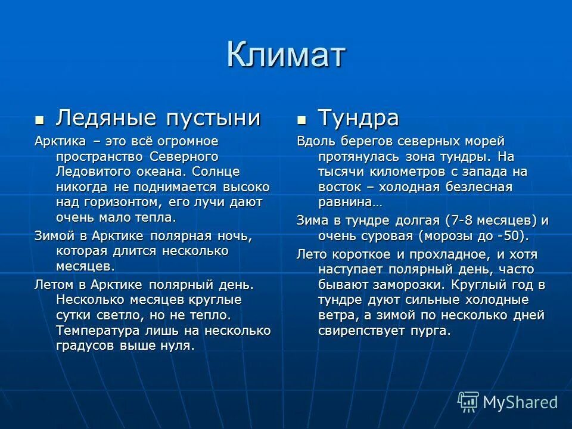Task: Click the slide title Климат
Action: coord(286,55)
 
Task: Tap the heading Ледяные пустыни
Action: coord(158,118)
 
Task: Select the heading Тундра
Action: coord(358,118)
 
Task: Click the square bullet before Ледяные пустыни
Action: coord(39,120)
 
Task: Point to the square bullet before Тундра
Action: coord(302,120)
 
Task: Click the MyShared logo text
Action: coord(520,402)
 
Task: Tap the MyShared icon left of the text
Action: coord(468,402)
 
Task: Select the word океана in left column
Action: coord(156,172)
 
